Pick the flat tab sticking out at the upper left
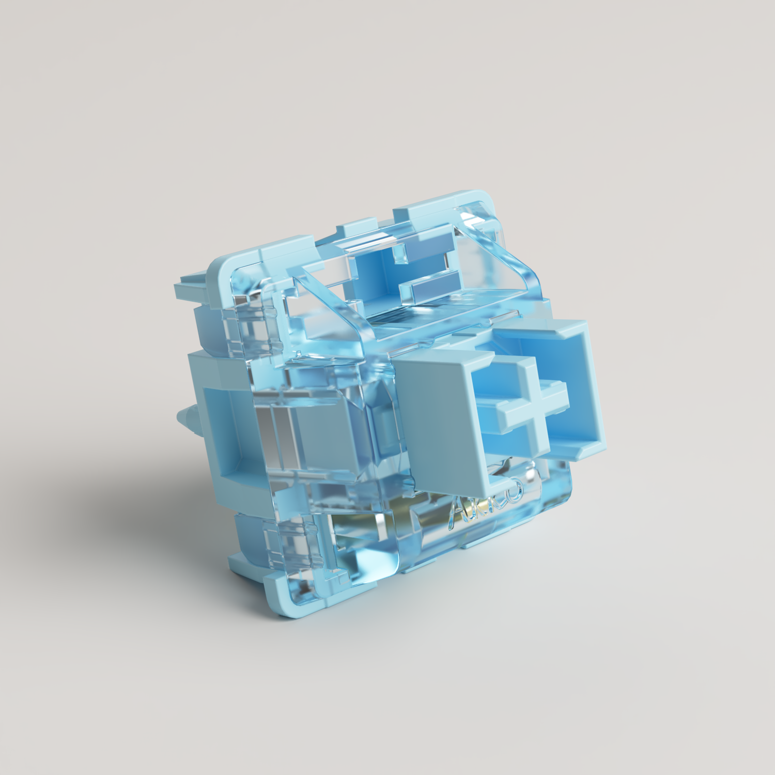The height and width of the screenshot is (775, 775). pyautogui.click(x=191, y=289)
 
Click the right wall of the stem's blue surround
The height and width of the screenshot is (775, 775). pyautogui.click(x=589, y=388)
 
